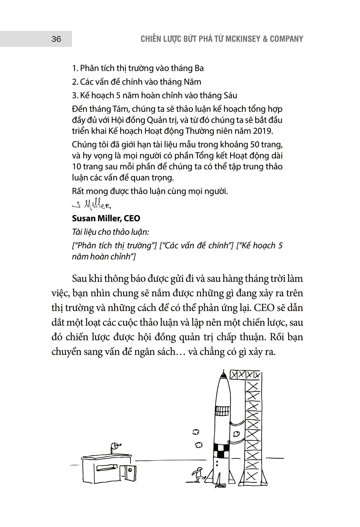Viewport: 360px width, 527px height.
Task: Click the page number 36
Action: [56, 39]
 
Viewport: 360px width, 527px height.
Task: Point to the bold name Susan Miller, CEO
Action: [106, 218]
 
